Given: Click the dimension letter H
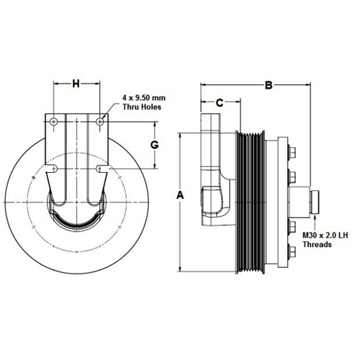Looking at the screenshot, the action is pos(76,84).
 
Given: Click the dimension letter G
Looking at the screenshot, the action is pos(155,145).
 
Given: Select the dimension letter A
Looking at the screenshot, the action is pos(180,195).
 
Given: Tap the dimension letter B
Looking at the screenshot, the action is pos(269,86).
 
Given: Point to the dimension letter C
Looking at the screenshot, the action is pos(220,103).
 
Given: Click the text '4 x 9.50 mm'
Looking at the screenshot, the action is pos(144,98).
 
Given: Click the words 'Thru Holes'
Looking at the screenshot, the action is pos(142,107).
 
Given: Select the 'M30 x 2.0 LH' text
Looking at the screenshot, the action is pos(325,235).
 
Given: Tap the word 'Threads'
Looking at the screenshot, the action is pos(317,245).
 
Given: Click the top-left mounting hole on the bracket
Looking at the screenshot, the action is pos(53,122).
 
